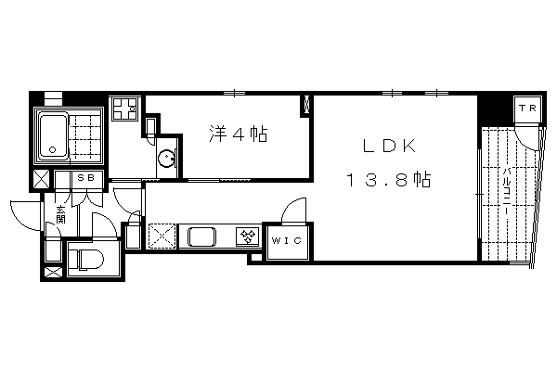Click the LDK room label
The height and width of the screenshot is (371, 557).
[x=389, y=146]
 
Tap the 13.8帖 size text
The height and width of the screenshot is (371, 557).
[x=389, y=179]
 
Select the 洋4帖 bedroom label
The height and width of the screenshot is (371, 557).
[x=239, y=134]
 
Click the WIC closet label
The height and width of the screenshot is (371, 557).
[x=287, y=240]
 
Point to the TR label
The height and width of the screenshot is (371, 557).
[x=527, y=108]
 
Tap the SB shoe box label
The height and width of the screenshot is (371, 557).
[x=86, y=177]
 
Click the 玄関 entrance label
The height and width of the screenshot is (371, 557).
[x=60, y=215]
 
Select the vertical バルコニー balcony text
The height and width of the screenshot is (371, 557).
[x=507, y=190]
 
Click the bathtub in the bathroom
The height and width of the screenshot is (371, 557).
[x=53, y=136]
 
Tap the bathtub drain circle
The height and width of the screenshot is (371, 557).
[x=53, y=149]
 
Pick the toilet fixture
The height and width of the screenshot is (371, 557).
[x=85, y=259]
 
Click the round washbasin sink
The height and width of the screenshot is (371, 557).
[x=166, y=159]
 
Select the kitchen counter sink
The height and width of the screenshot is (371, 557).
[x=201, y=237]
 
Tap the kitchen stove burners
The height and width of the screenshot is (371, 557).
[x=248, y=237]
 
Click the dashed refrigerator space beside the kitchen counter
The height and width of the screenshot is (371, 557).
[x=162, y=236]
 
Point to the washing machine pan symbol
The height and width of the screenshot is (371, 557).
[x=124, y=109]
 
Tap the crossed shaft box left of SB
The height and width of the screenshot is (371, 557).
[x=42, y=179]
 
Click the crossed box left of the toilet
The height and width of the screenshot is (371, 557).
[x=53, y=273]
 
